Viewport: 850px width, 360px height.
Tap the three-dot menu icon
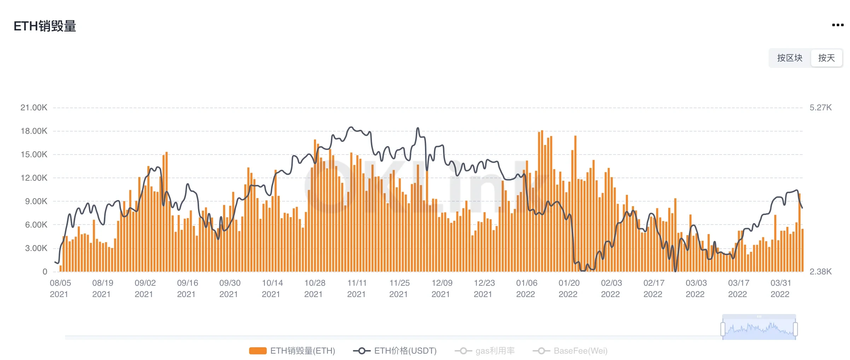838,25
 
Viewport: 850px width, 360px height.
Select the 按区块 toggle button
790,58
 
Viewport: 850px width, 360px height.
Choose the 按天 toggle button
826,58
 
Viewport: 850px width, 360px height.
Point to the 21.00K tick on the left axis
34,108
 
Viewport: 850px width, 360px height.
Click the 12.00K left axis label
34,178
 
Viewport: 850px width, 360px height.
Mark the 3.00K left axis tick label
36,248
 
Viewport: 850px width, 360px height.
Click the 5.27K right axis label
821,108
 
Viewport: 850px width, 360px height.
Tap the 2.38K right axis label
821,272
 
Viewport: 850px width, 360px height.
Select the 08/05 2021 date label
60,289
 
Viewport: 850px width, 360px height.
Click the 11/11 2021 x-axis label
357,289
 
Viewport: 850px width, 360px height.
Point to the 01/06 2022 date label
526,289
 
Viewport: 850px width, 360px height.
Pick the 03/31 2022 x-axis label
781,289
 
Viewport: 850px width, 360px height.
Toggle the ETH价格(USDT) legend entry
395,351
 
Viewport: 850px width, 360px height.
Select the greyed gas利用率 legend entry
485,351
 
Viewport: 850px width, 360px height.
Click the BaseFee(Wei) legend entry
570,351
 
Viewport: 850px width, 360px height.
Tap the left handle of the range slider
723,329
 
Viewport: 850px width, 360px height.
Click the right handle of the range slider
796,329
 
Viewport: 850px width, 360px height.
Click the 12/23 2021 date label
484,289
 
